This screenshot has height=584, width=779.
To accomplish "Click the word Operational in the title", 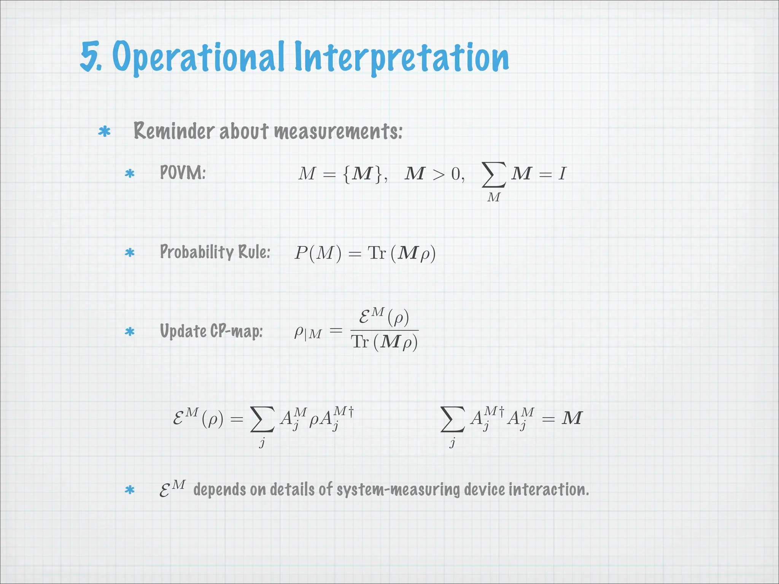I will tap(198, 57).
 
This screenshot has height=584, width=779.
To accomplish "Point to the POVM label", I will tap(183, 173).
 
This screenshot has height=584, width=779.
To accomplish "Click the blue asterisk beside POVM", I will tap(130, 174).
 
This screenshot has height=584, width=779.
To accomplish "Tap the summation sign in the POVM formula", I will tap(494, 175).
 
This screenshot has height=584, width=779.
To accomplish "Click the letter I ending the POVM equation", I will tap(562, 174).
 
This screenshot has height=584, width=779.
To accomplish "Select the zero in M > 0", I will tap(456, 175).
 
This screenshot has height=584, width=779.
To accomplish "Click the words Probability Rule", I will tap(215, 252).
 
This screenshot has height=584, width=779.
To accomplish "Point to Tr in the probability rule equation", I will tap(377, 253).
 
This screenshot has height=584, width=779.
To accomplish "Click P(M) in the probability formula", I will tap(318, 253).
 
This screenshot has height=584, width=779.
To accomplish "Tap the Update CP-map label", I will tap(211, 331).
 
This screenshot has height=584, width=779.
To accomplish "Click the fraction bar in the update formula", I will tap(384, 330).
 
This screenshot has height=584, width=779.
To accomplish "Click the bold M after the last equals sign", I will tap(572, 418).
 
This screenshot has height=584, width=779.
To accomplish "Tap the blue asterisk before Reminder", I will tap(104, 132).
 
